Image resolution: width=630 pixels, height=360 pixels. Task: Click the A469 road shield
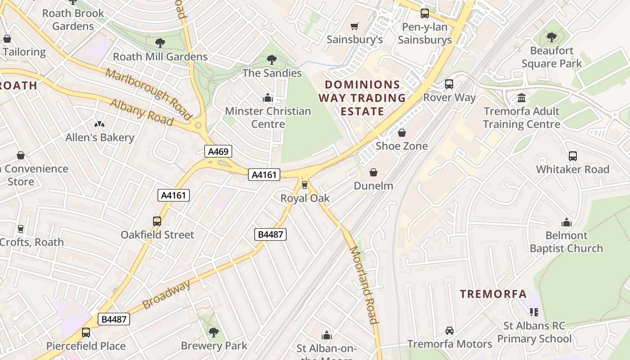(219, 151)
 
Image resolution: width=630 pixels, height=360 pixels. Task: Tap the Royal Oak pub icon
(305, 184)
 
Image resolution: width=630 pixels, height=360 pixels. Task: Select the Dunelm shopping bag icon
(373, 172)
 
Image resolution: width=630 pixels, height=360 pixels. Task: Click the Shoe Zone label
(401, 146)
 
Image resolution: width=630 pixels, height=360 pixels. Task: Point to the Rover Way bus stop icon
(449, 84)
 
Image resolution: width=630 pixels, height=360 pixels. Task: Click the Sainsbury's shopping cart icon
(355, 27)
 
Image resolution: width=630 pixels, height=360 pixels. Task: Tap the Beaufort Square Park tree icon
(551, 37)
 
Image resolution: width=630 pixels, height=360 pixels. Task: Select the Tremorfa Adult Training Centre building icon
(522, 98)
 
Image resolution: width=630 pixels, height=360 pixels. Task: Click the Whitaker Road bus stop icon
(572, 156)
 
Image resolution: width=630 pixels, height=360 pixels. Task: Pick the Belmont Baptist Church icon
(566, 222)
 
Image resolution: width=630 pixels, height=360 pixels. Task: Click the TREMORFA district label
(493, 294)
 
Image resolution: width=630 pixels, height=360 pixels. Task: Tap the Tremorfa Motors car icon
(449, 331)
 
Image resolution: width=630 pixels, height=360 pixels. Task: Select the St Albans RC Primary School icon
(534, 312)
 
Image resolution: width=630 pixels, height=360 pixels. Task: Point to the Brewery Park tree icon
(214, 333)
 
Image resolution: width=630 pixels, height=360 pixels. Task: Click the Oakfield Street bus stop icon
(157, 221)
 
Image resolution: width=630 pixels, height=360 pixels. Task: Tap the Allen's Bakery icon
(99, 124)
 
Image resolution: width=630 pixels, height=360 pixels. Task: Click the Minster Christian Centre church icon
(268, 98)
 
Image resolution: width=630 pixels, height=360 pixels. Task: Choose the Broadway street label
(166, 294)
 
